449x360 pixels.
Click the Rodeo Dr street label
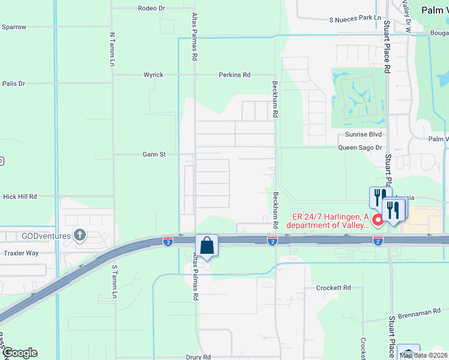point(151,8)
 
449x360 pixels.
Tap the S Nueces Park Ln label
point(355,19)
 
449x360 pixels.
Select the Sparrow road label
point(14,27)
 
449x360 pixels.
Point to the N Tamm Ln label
point(112,49)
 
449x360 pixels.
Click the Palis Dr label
point(13,84)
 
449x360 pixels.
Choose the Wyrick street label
point(153,75)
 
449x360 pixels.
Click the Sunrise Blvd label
point(364,136)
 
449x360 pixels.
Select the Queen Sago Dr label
point(360,147)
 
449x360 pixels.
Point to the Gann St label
point(154,154)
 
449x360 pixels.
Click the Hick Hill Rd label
point(20,196)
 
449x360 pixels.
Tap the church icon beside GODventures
point(79,235)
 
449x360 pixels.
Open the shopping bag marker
point(206,245)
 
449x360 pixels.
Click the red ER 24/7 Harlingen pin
point(378,220)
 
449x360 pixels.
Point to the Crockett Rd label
point(335,288)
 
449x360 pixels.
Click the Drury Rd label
point(198,356)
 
